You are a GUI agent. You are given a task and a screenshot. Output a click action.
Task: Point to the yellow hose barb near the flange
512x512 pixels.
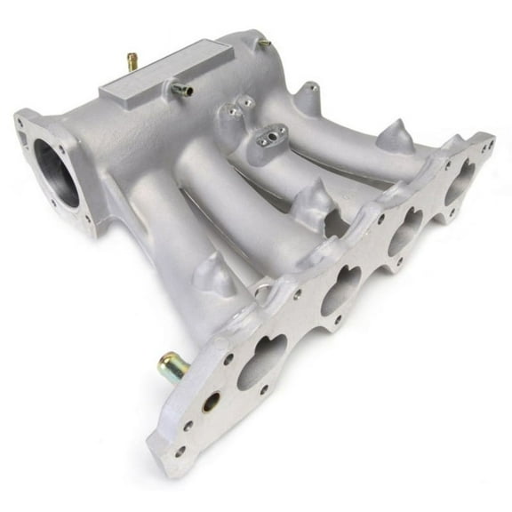(x=172, y=364)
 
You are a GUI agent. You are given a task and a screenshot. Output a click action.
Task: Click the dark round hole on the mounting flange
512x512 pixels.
(x=212, y=402)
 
